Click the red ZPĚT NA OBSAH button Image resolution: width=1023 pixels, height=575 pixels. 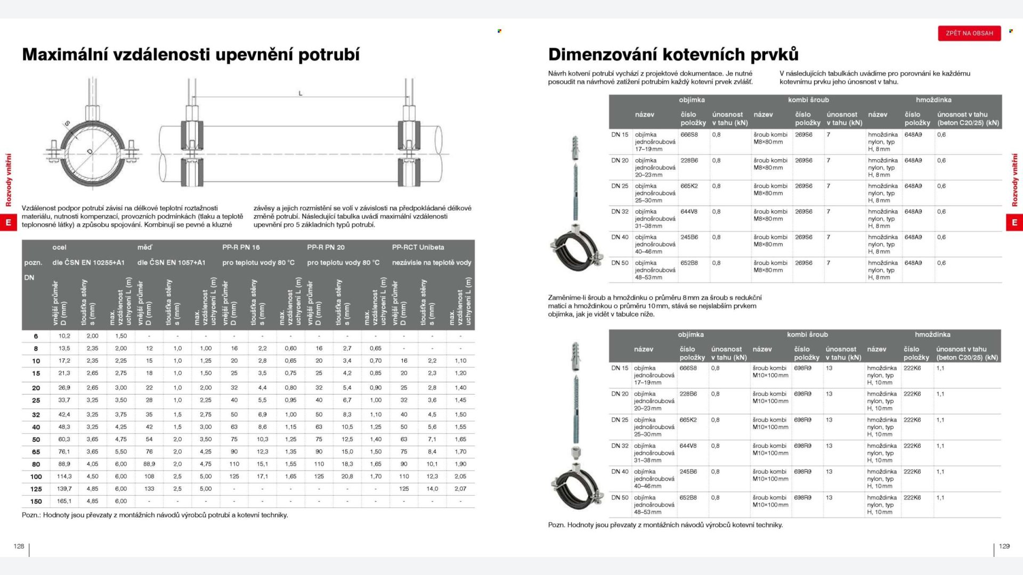[969, 33]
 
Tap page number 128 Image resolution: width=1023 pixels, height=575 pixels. [19, 546]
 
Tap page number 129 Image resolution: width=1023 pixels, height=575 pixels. [1004, 546]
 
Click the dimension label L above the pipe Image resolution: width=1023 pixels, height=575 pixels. [301, 93]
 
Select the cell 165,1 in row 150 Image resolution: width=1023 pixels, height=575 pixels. [64, 501]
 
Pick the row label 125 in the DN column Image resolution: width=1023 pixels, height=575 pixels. [36, 489]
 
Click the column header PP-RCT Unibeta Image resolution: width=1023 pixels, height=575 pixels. [418, 247]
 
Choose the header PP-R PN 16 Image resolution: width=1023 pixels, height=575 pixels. [241, 247]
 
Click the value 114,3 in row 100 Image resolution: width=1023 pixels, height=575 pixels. [64, 477]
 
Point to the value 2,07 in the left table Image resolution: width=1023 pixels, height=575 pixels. [460, 489]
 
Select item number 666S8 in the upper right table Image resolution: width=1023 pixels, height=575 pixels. [689, 135]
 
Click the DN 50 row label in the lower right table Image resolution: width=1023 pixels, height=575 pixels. [620, 498]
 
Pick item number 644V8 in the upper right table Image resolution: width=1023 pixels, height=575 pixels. [689, 211]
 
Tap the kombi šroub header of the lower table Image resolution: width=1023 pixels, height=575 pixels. [807, 334]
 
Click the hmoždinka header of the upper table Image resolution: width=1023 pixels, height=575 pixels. [933, 100]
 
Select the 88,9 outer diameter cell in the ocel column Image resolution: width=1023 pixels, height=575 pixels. [64, 464]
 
